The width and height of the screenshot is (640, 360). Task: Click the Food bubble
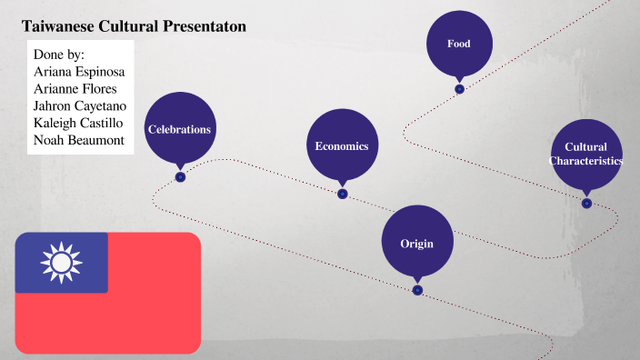tap(459, 44)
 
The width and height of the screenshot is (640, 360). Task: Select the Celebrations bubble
tap(180, 129)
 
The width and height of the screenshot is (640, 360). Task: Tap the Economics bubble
tap(342, 145)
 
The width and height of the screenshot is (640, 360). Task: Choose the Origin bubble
tap(416, 243)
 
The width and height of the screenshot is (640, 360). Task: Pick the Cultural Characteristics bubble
tap(586, 154)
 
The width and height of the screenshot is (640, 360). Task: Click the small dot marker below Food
tap(460, 89)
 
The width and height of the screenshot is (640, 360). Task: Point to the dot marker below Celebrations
tap(180, 177)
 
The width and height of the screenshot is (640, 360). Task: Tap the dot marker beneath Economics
tap(342, 194)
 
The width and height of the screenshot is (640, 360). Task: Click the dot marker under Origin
tap(417, 290)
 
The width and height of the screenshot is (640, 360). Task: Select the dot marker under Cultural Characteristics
tap(586, 203)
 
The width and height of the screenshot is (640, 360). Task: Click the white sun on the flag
tap(61, 263)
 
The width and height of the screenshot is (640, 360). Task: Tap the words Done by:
tap(58, 55)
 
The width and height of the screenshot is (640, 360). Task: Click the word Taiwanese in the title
tap(60, 27)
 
